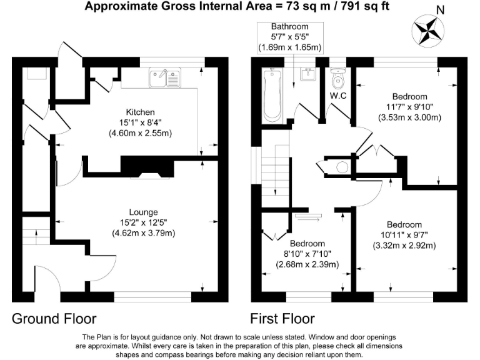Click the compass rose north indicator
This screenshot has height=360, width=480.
click(428, 30)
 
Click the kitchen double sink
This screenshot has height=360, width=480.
click(165, 78)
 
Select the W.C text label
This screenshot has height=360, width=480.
click(338, 96)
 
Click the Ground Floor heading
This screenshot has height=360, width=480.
click(54, 319)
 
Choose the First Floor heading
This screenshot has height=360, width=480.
click(282, 319)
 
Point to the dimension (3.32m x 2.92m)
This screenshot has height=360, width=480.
click(404, 246)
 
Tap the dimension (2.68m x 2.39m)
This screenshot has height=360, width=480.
click(307, 264)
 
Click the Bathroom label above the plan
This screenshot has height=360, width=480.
click(289, 26)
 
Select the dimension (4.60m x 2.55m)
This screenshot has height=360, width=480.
click(141, 133)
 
